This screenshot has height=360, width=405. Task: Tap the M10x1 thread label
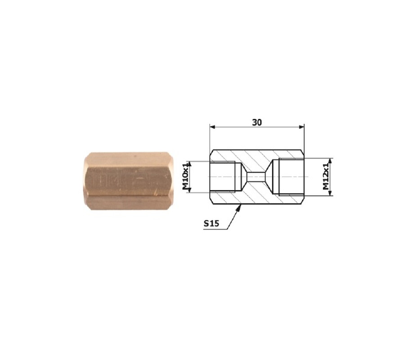tap(186, 177)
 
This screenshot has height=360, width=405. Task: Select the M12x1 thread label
tap(327, 176)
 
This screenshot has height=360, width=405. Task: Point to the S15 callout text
tap(211, 223)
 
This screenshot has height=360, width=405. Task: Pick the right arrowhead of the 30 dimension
tap(301, 127)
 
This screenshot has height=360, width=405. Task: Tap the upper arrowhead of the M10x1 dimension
tap(189, 164)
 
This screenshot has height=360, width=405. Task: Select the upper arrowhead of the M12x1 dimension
tap(331, 161)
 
